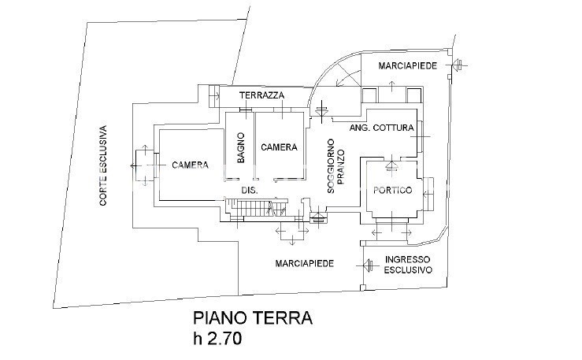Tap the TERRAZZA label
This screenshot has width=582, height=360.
(x=262, y=95)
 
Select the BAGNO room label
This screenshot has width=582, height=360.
(x=240, y=148)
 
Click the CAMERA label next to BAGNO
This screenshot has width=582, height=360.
(x=279, y=147)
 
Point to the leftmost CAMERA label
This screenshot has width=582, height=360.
(x=190, y=165)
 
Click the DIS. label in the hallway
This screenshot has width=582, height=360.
(x=249, y=191)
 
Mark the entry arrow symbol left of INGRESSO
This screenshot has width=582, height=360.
(x=366, y=264)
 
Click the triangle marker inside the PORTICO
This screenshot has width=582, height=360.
(x=391, y=165)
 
